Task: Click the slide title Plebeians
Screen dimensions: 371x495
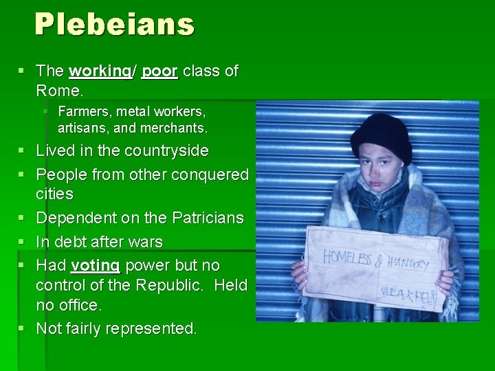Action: pos(115,25)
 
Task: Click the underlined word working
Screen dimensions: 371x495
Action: pos(101,71)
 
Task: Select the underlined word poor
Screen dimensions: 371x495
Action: pos(159,71)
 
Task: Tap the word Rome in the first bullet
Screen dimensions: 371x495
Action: pos(57,90)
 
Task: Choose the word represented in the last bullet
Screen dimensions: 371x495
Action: pos(152,329)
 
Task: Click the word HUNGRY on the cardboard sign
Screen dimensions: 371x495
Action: pos(409,262)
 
